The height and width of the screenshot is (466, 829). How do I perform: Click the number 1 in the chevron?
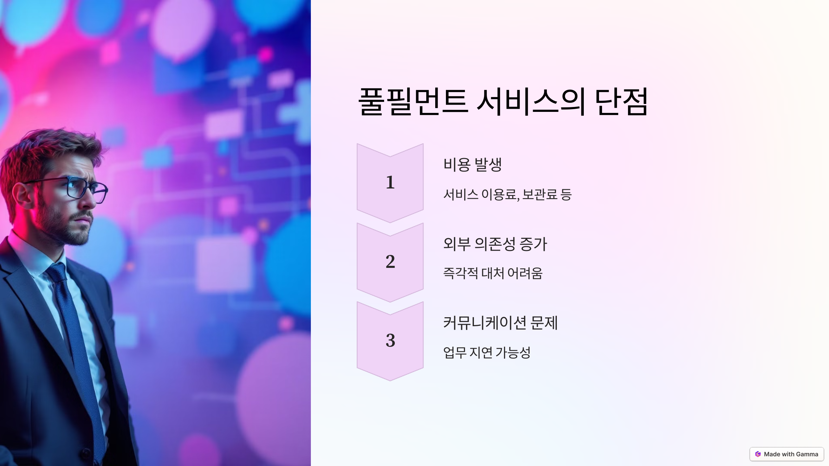click(x=390, y=182)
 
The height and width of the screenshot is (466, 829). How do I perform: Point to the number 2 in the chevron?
click(x=390, y=261)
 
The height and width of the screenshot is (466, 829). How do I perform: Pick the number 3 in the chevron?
click(x=390, y=340)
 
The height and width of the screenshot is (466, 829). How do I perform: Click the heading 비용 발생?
click(x=472, y=164)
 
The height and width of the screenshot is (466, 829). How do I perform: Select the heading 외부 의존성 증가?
click(x=495, y=244)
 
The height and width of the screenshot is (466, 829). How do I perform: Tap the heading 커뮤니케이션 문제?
click(x=500, y=323)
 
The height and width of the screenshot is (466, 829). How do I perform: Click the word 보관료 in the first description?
click(x=540, y=194)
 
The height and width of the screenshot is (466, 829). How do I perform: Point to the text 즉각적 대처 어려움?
click(x=493, y=273)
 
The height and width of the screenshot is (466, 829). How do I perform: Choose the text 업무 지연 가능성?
click(x=486, y=352)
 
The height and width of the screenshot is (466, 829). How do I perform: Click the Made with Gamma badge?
click(x=787, y=454)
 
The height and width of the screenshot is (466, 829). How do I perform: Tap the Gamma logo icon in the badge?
click(x=758, y=454)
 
